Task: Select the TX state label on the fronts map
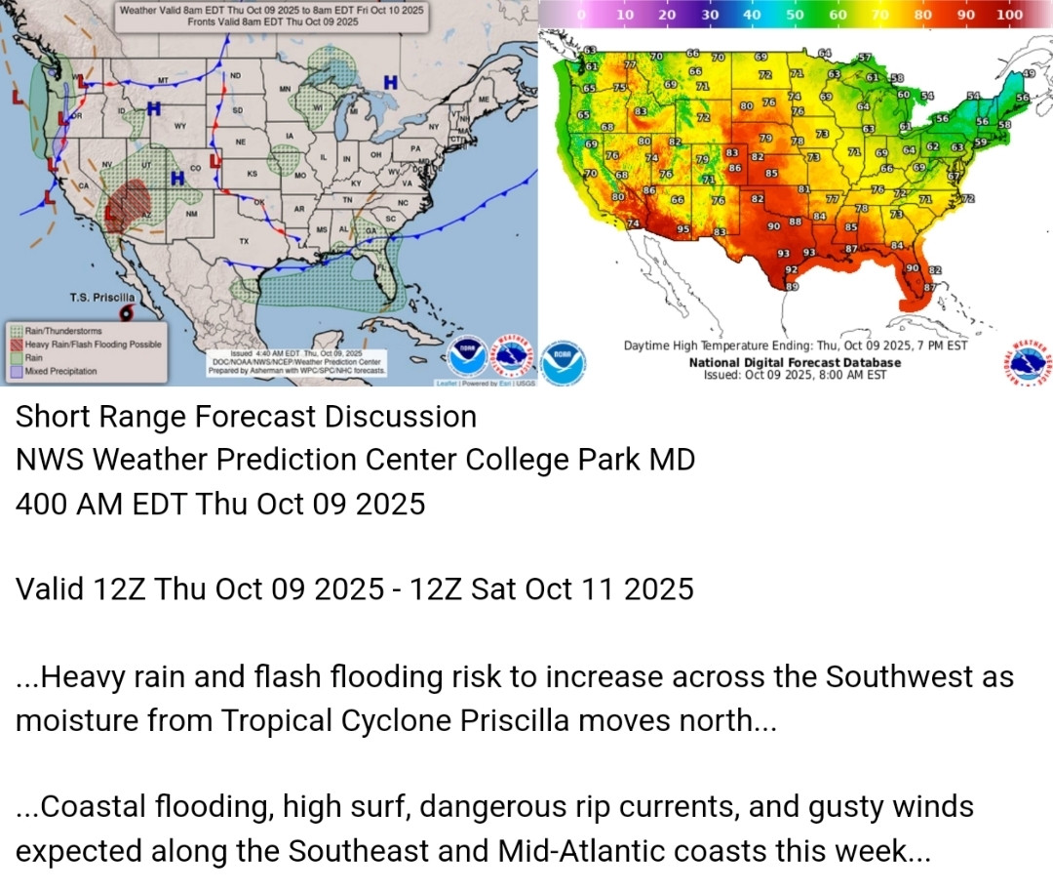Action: pos(244,240)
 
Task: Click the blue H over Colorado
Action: pos(177,178)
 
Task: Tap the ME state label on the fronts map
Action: pos(484,100)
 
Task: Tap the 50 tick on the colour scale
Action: pos(795,15)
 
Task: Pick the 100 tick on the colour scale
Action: pos(1010,15)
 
